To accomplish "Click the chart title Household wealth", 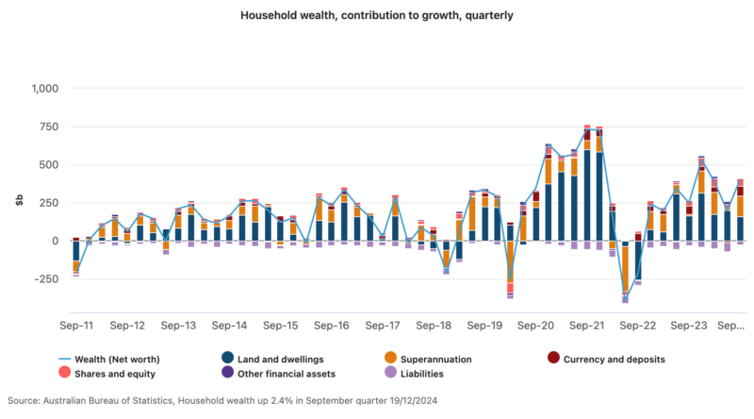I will pos(377,16).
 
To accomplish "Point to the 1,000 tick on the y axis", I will pos(44,89).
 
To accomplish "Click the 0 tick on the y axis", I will pos(56,242).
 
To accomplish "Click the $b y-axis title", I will pos(19,201).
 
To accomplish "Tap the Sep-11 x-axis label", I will pos(76,326).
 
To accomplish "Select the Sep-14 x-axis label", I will pos(229,326).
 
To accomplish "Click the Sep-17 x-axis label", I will pos(382,326).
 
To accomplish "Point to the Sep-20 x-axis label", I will pos(534,326).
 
